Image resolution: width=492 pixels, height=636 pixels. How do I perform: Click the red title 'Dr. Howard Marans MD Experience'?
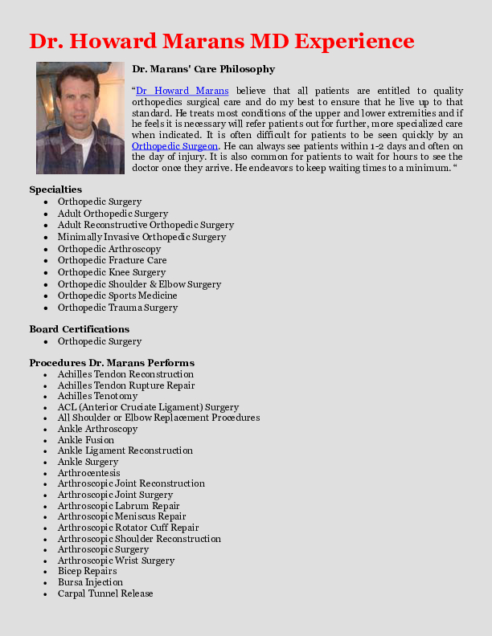click(x=222, y=41)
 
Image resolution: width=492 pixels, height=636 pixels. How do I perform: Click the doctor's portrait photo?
click(x=80, y=118)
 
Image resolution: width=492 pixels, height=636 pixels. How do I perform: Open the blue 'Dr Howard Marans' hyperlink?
click(x=182, y=91)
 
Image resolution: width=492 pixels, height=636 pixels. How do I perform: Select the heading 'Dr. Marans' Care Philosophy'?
click(x=203, y=69)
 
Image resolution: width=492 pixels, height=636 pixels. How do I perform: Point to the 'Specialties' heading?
click(x=55, y=190)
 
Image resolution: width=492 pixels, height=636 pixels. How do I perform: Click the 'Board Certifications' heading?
click(x=79, y=329)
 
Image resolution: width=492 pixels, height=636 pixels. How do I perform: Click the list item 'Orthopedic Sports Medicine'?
click(x=117, y=296)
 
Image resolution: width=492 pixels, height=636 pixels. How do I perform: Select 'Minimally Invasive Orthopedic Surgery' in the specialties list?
click(x=141, y=237)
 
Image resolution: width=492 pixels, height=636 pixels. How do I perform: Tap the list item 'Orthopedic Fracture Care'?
click(x=112, y=260)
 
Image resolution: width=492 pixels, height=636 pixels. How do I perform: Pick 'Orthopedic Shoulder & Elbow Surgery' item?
click(x=139, y=284)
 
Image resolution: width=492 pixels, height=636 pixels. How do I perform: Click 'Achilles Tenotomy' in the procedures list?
click(x=97, y=396)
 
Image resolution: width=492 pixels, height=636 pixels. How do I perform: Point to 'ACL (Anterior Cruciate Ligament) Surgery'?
click(x=148, y=407)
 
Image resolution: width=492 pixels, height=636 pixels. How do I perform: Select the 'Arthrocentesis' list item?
click(x=88, y=473)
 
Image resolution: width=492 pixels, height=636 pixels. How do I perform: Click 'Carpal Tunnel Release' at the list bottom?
click(x=105, y=593)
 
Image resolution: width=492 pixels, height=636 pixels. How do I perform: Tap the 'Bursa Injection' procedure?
click(x=90, y=582)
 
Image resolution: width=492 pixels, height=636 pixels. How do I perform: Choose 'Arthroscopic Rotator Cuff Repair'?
click(x=128, y=528)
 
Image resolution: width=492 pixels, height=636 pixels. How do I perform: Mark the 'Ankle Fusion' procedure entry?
click(x=86, y=440)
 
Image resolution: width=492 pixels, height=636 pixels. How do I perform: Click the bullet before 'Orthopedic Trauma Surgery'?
click(x=48, y=308)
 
